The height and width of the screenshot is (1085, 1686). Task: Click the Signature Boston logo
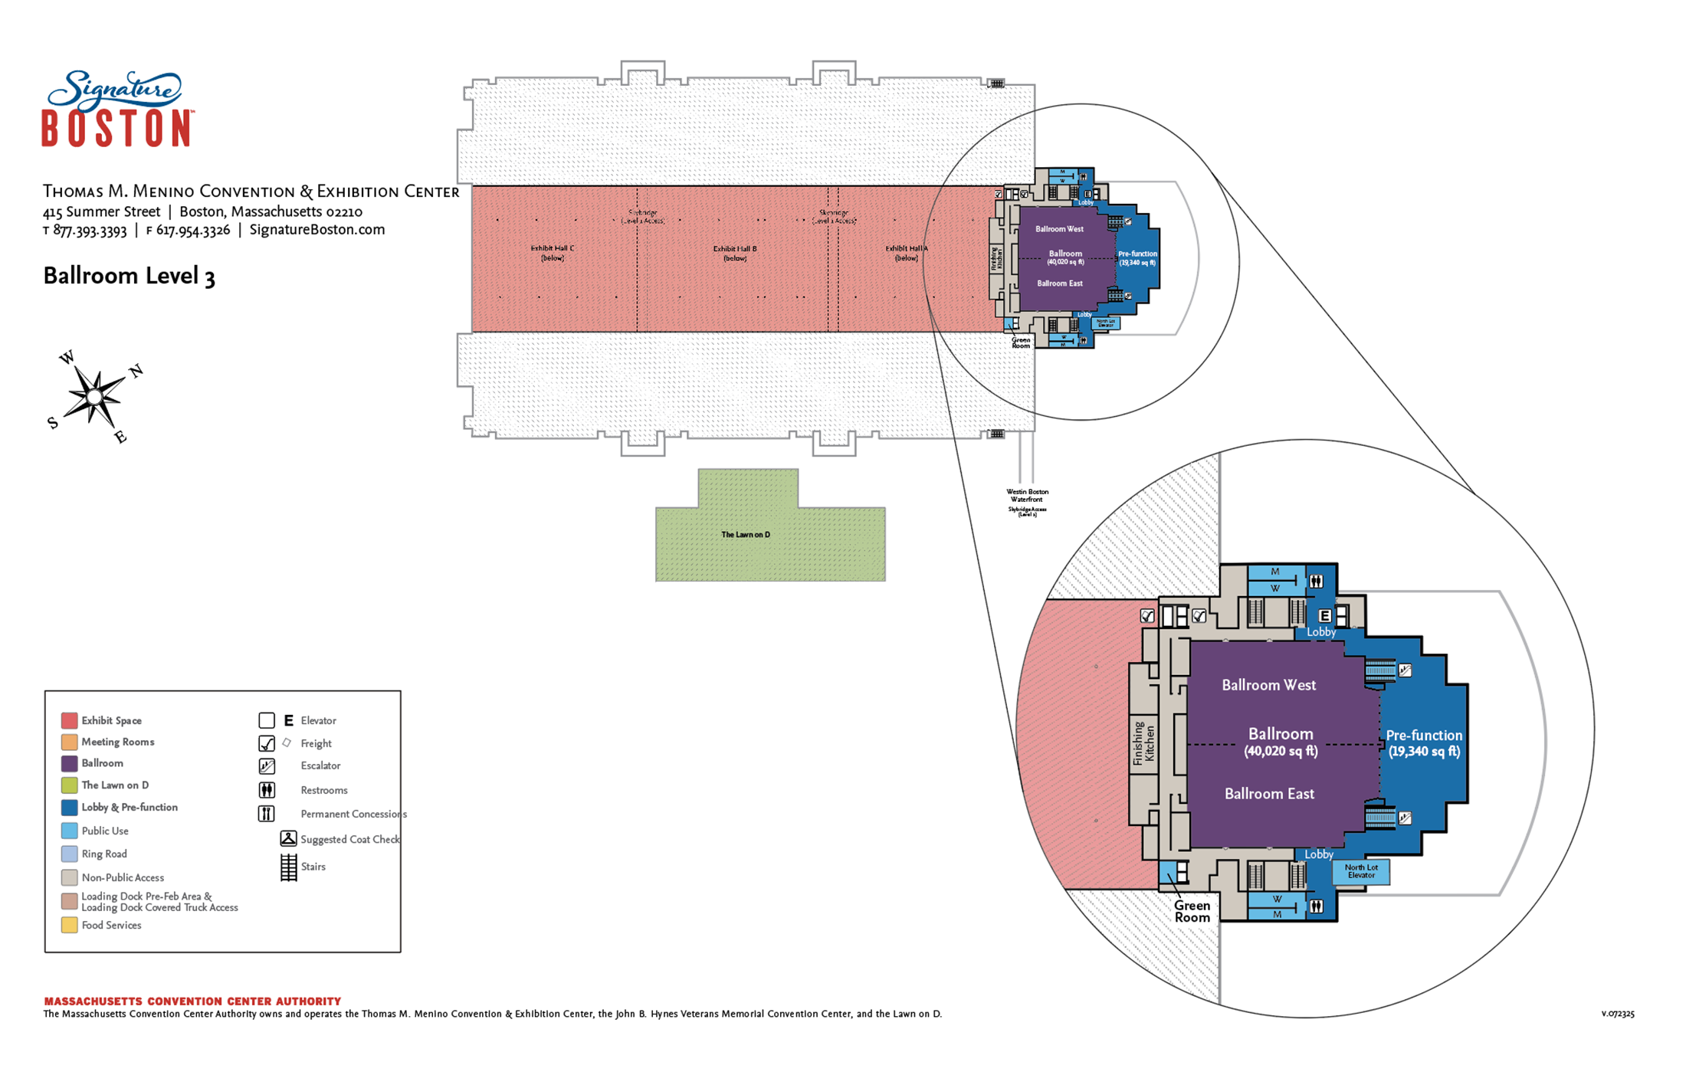click(116, 109)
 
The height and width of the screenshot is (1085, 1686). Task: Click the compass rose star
click(94, 397)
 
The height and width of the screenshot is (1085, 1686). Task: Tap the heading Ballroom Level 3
click(129, 276)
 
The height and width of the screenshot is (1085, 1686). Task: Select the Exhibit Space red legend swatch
click(69, 720)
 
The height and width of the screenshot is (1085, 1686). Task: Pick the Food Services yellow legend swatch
click(69, 925)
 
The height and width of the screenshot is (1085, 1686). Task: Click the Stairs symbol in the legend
click(289, 867)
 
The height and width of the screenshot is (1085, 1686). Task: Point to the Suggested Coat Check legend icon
click(288, 839)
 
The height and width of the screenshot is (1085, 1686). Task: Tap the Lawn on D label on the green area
click(746, 535)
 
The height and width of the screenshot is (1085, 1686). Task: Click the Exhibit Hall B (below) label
click(735, 253)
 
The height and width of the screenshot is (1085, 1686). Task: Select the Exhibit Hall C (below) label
click(552, 253)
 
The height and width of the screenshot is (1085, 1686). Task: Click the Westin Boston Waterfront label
click(1027, 496)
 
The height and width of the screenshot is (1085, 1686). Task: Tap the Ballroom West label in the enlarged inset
click(1268, 685)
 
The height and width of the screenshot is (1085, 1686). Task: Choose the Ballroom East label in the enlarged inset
click(1269, 794)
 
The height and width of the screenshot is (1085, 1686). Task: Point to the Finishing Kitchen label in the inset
click(1143, 742)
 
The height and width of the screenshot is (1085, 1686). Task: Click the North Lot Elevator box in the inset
click(1361, 871)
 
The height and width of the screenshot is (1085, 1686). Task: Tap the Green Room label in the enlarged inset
click(1192, 911)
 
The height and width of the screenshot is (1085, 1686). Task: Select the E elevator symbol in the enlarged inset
click(1324, 615)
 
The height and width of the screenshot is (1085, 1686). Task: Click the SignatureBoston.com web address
click(317, 230)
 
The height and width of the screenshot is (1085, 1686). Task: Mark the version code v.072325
click(1617, 1014)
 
